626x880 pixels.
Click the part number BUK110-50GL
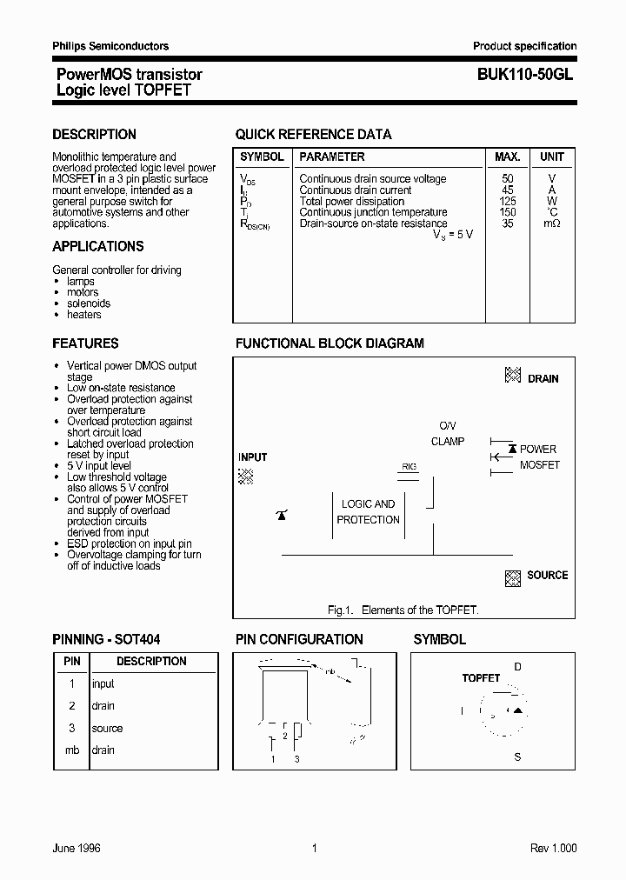point(524,76)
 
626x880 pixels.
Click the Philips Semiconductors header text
point(110,46)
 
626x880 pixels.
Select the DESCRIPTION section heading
point(94,135)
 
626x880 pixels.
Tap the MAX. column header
point(508,157)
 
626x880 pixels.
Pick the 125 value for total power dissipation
point(508,202)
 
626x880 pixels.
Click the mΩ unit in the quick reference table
point(551,224)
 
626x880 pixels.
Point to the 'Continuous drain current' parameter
point(356,190)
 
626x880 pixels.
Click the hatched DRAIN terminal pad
point(513,376)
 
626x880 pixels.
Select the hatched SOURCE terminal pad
point(513,577)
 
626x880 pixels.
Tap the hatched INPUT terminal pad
point(246,476)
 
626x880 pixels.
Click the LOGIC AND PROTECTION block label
point(368,512)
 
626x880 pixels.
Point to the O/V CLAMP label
point(448,434)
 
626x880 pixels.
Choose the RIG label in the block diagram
point(409,467)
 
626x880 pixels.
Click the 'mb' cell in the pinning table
point(72,750)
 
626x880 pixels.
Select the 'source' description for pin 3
point(107,729)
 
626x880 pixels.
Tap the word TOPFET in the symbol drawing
point(481,678)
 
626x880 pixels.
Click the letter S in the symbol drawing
point(517,757)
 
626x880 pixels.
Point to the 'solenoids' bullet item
point(89,303)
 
